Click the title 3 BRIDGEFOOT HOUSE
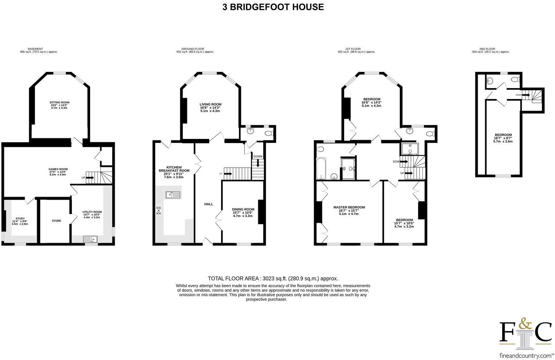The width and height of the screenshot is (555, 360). coord(273,7)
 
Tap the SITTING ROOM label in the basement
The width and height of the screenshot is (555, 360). coord(59,103)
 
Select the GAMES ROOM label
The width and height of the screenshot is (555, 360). coord(58,169)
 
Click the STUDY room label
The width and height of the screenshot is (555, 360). coord(20,219)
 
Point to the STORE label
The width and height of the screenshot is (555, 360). coord(56,221)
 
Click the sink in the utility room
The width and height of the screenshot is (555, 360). coord(90,239)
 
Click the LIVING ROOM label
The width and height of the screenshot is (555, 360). coord(210,105)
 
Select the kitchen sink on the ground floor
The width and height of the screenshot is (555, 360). coord(173,195)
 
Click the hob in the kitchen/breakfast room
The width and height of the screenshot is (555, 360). coord(158,210)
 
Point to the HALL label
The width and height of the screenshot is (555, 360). coord(208,204)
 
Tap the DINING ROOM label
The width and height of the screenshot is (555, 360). coord(243,209)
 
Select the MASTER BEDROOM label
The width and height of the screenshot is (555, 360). coord(349,208)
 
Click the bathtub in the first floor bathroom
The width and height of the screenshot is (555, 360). coord(321,168)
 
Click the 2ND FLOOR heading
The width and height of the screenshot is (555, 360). coord(487,49)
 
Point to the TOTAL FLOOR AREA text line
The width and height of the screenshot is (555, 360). coord(273,278)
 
